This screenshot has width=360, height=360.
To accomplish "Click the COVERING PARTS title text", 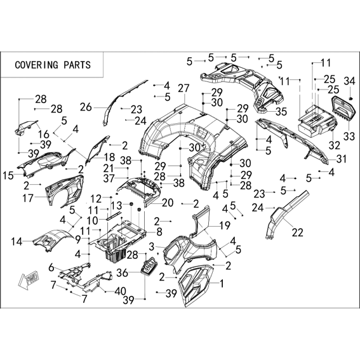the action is click(x=53, y=65).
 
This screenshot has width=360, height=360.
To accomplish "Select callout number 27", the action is click(x=183, y=88).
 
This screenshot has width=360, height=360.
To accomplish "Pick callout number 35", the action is click(x=281, y=112).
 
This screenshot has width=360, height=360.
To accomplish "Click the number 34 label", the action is click(x=349, y=81).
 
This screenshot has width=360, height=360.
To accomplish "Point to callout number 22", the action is click(x=298, y=232).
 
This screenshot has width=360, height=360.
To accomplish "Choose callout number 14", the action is click(x=17, y=241).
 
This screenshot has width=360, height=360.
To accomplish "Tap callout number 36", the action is click(x=122, y=273).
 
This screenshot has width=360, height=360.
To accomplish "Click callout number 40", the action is click(x=120, y=291).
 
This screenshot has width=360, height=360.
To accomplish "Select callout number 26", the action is click(x=86, y=107).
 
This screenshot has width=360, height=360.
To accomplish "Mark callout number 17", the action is click(x=28, y=198).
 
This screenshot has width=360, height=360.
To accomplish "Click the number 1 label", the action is click(x=222, y=284).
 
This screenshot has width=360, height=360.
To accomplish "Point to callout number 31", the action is click(x=341, y=159).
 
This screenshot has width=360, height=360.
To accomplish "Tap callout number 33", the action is click(x=349, y=137).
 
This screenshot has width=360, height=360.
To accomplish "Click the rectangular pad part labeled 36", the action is click(x=149, y=266).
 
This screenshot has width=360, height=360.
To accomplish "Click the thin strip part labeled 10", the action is click(x=113, y=216).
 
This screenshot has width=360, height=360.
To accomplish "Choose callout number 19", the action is click(x=225, y=225).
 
